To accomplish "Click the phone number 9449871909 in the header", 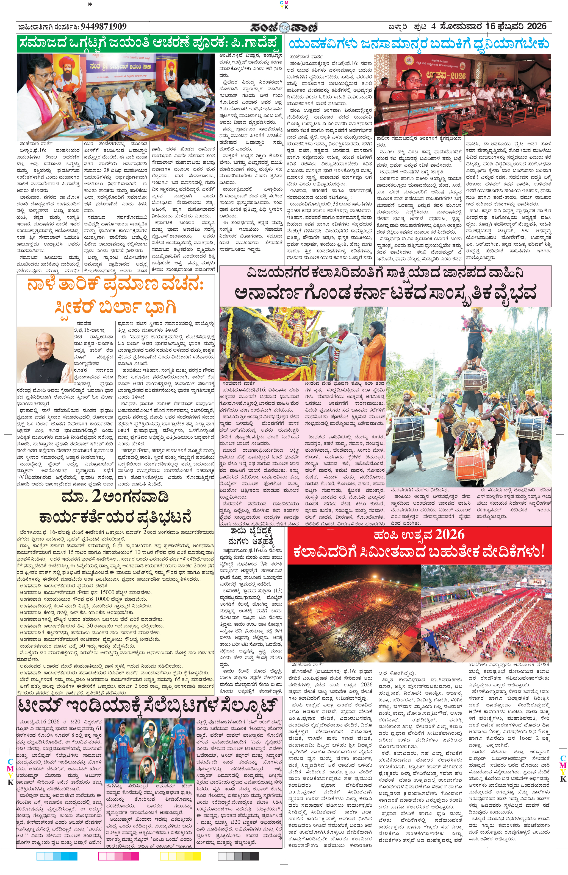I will pos(103,26).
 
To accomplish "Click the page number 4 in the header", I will pos(433,26).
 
